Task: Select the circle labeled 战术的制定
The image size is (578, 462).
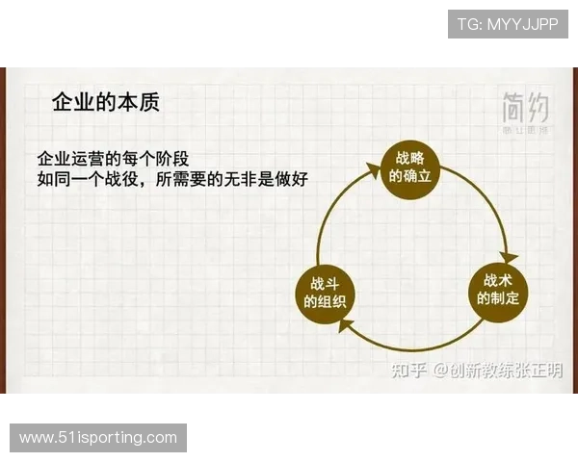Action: click(x=498, y=290)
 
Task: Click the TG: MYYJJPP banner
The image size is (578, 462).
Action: click(x=508, y=23)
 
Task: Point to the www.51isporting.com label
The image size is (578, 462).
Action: click(x=99, y=438)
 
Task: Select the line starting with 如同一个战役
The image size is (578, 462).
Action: click(x=172, y=178)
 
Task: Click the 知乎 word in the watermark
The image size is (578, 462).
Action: click(x=406, y=370)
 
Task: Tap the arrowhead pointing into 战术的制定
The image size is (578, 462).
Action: click(x=510, y=257)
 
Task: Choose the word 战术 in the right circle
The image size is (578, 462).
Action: click(x=498, y=281)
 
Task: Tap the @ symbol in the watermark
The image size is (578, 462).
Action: click(x=438, y=370)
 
